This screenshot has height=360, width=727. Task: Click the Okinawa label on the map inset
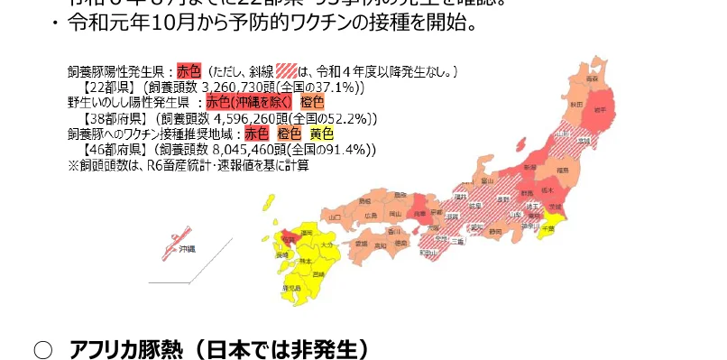pos(186,248)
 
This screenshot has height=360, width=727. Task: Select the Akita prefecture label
pos(575,105)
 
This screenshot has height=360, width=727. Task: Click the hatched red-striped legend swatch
pos(288,69)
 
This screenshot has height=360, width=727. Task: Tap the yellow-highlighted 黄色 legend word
pos(320,134)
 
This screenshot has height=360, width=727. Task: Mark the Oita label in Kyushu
pos(327,245)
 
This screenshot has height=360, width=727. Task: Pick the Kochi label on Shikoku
pos(380,245)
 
